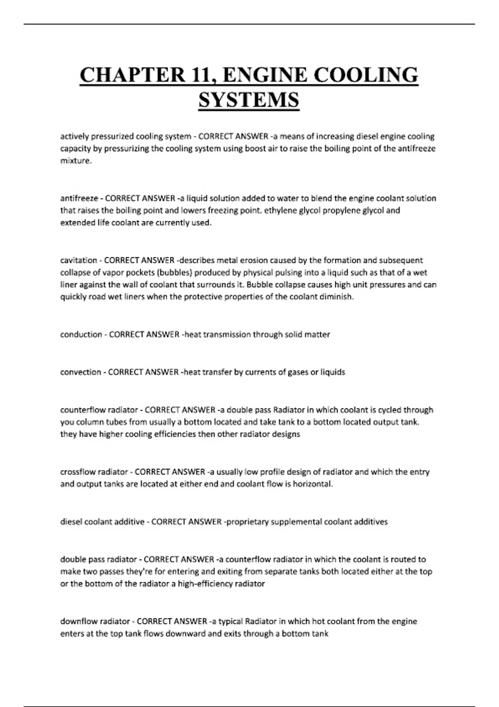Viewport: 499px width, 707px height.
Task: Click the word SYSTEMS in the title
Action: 249,100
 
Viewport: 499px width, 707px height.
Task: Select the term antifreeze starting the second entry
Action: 79,198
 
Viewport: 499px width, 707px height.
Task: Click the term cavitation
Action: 79,260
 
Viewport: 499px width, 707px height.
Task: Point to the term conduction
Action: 81,334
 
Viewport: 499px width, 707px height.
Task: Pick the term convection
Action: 81,372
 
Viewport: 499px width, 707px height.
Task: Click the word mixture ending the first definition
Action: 75,161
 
